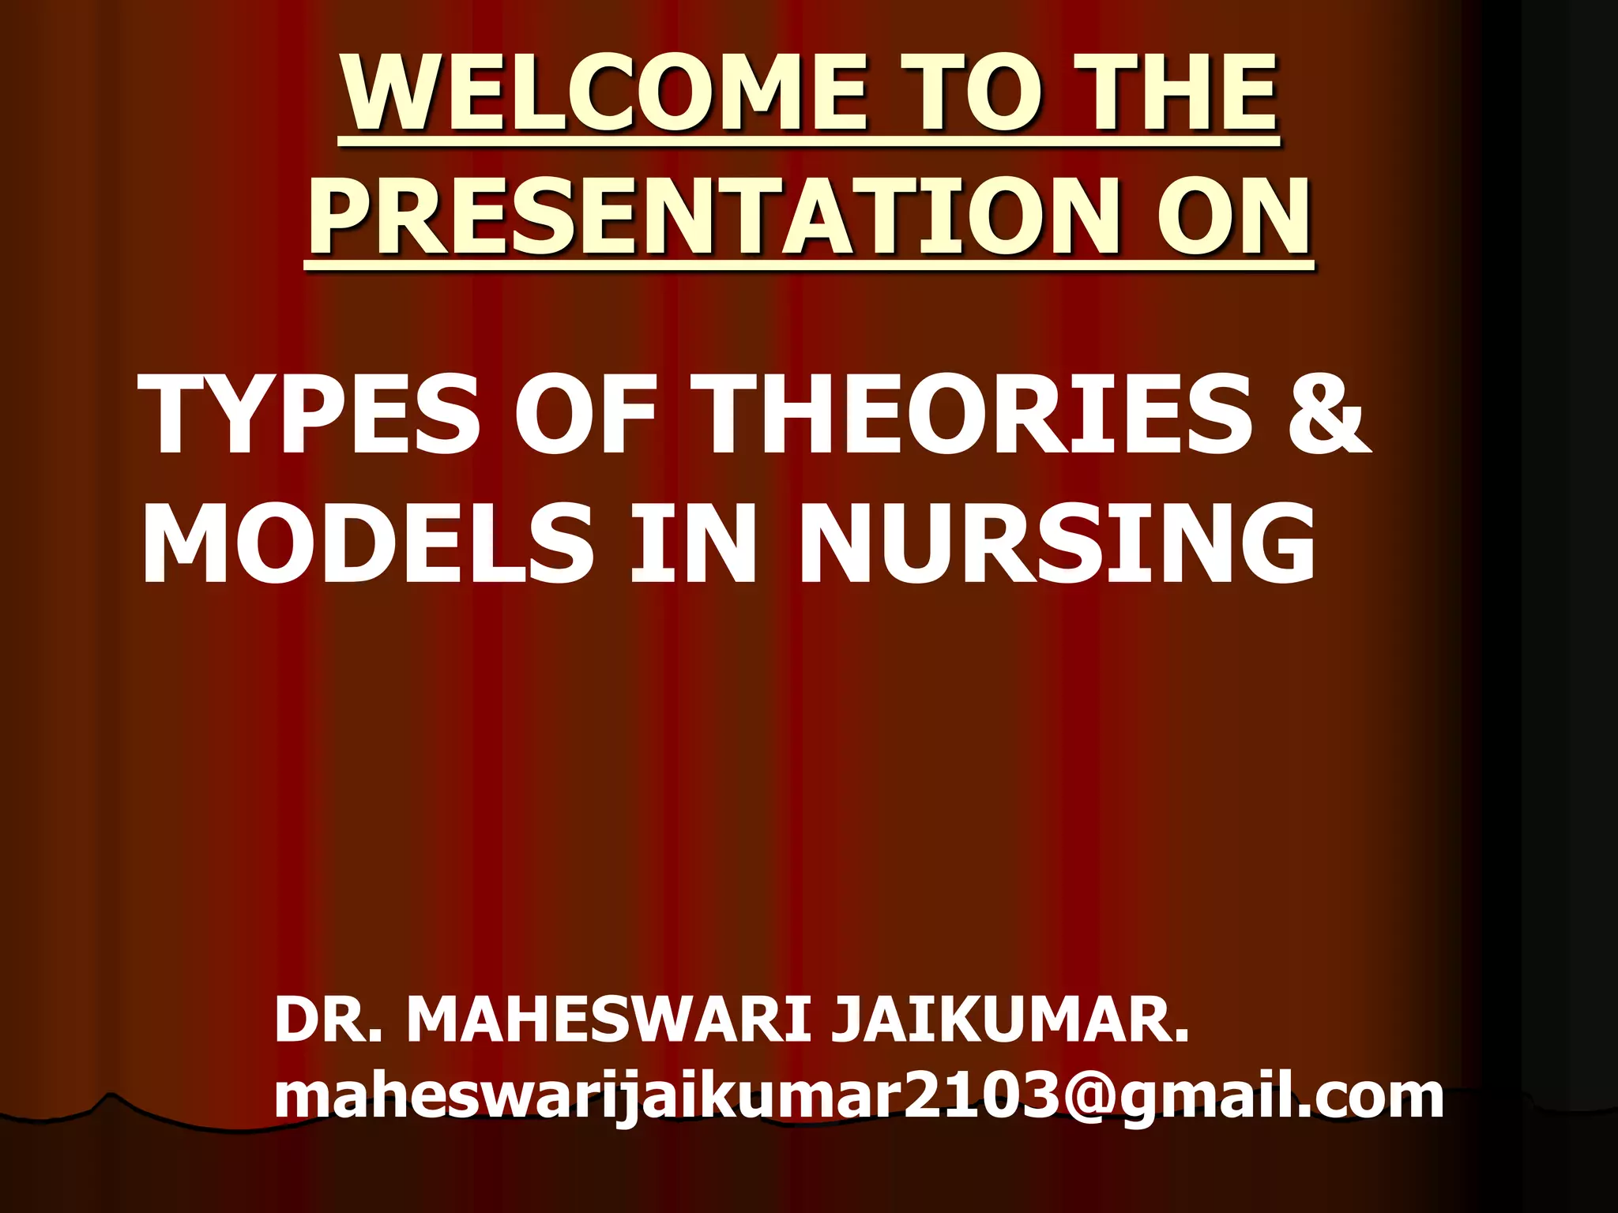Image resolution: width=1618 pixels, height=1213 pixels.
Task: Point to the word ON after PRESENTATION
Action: (x=1232, y=218)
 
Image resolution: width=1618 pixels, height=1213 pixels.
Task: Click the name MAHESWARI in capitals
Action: (x=608, y=1020)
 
